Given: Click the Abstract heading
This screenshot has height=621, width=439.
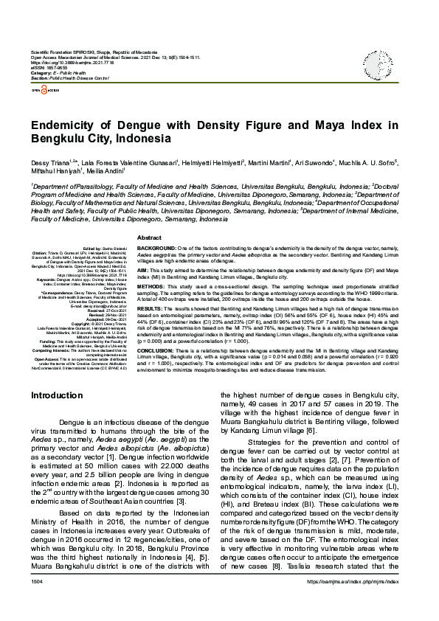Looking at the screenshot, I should (150, 237).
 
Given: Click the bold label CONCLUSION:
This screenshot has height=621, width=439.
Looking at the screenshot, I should (156, 351).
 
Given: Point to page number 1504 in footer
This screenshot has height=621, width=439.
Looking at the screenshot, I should (37, 603).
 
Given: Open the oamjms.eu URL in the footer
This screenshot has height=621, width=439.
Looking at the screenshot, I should (358, 603).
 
